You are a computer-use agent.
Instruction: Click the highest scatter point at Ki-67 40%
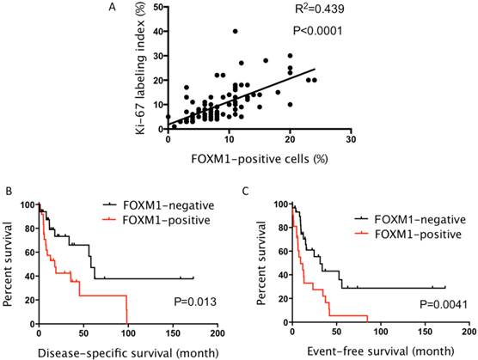point(236,32)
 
